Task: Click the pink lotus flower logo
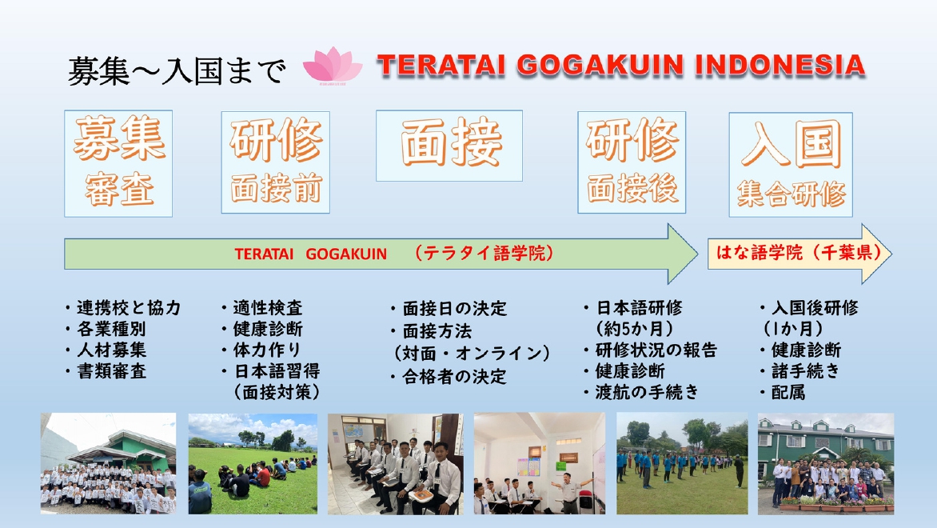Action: [x=333, y=66]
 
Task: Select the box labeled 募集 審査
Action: [x=118, y=163]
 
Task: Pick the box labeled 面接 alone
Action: [x=449, y=146]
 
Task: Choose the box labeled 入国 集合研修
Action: [x=791, y=165]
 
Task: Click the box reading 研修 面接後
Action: [x=632, y=162]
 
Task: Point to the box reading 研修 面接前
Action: [x=276, y=162]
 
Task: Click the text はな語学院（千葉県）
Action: [x=798, y=252]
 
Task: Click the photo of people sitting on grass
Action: [x=253, y=463]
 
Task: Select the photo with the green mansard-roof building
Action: [x=826, y=463]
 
